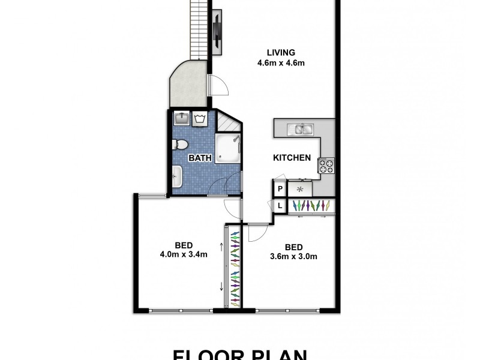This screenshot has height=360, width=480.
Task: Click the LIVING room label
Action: click(x=272, y=52)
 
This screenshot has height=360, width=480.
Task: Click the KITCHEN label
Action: click(x=292, y=158)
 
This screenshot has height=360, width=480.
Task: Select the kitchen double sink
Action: click(x=299, y=128)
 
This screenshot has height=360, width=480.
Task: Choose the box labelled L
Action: click(x=280, y=206)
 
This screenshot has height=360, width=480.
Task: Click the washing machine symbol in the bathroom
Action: click(x=199, y=119)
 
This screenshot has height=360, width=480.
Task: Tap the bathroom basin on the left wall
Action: click(x=177, y=176)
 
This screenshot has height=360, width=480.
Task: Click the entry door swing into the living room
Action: click(x=220, y=86)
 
